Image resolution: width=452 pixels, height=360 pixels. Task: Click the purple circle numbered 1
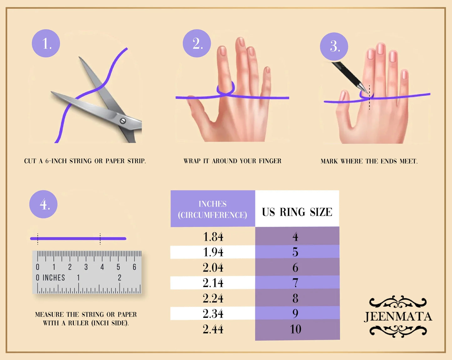click(x=46, y=43)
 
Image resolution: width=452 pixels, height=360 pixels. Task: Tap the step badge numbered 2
click(x=197, y=43)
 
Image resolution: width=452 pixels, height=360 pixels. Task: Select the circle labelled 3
click(x=334, y=46)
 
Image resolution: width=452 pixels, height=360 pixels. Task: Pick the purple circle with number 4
click(x=43, y=204)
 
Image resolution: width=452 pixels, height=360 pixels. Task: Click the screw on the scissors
click(x=123, y=121)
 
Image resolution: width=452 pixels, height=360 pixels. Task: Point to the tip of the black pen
click(x=368, y=93)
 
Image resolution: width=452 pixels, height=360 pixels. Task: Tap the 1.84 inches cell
click(x=213, y=237)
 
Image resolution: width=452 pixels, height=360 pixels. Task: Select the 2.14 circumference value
click(x=213, y=283)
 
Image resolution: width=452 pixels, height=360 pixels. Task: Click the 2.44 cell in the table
click(x=213, y=329)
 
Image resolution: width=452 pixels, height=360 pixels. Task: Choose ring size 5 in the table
click(x=297, y=251)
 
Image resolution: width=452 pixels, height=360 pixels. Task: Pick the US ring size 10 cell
click(x=297, y=329)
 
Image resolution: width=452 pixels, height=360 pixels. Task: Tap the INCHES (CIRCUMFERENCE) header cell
click(x=213, y=209)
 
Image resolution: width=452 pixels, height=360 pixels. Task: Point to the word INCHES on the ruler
click(x=54, y=278)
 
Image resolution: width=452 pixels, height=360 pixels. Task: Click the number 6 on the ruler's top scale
click(x=135, y=267)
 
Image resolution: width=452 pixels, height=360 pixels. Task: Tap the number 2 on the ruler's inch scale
click(x=119, y=278)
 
